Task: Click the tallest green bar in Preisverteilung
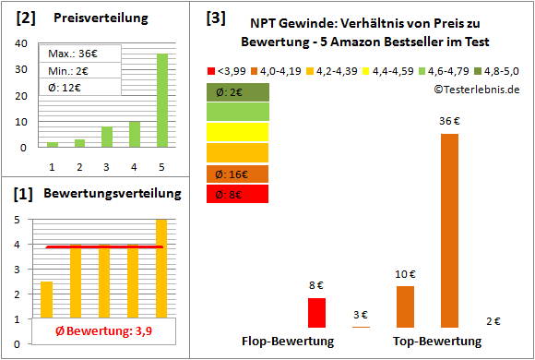point(161,100)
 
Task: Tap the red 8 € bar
point(316,312)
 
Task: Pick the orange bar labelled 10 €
point(405,306)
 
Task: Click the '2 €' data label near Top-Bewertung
point(493,320)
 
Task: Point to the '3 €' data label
point(361,316)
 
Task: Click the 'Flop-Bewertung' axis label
point(287,341)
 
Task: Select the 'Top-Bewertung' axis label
point(436,341)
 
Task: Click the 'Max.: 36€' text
point(76,54)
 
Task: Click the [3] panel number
point(214,17)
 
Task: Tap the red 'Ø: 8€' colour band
point(238,194)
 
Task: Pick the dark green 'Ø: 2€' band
point(238,91)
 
